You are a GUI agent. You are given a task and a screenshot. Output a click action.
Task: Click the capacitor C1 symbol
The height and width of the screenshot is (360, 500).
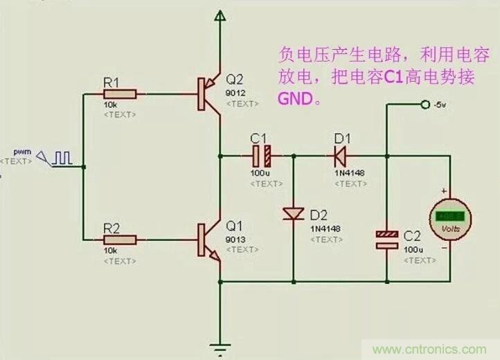[262, 155]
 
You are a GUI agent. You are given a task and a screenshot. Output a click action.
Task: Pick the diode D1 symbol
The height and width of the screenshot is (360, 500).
[340, 155]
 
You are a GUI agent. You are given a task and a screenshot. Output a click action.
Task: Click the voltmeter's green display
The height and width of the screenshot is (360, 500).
[452, 215]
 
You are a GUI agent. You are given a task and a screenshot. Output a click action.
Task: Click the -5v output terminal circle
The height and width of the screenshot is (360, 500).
[425, 105]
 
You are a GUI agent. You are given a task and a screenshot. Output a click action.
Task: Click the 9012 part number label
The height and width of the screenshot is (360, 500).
[233, 91]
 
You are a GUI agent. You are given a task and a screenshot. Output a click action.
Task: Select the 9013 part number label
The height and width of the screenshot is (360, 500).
[233, 238]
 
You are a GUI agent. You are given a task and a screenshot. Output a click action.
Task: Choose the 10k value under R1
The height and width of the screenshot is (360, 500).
[110, 105]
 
